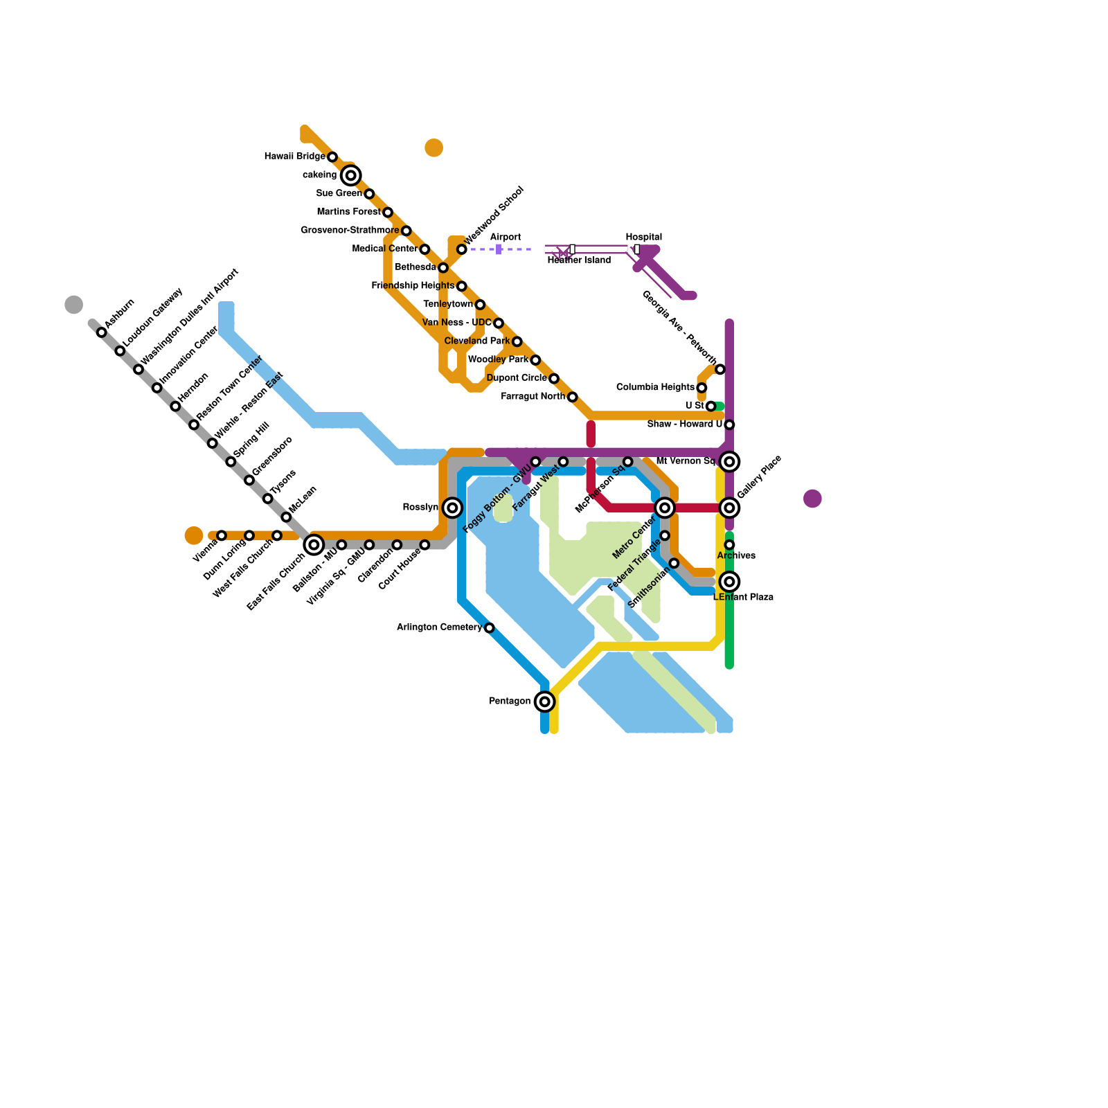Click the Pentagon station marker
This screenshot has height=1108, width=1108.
pos(545,702)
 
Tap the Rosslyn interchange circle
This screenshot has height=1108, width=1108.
pos(452,508)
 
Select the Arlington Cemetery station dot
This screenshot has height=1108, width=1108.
pos(489,628)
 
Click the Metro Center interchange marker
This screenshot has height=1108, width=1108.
pos(665,508)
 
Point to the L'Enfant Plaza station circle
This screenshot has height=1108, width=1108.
pos(729,582)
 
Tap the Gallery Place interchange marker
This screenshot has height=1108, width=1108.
pos(729,508)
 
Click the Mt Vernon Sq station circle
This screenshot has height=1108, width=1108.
pos(729,461)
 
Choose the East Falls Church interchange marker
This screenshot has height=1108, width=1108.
pos(314,545)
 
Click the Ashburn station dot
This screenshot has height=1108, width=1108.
pos(102,332)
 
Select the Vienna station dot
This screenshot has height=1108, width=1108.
pos(222,536)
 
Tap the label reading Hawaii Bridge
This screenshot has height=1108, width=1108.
pos(294,157)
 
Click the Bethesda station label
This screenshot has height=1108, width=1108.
pos(415,267)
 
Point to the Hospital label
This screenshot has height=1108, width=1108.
pos(643,237)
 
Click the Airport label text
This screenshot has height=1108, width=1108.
pos(505,237)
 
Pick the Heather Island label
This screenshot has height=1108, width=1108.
pos(579,260)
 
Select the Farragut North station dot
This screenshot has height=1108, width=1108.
pos(572,397)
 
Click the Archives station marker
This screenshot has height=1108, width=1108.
pos(729,545)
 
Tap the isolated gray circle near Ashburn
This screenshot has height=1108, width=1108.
pos(74,305)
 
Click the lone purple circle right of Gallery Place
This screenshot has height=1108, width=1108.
pos(812,499)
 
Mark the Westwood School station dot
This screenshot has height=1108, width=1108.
pos(461,249)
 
